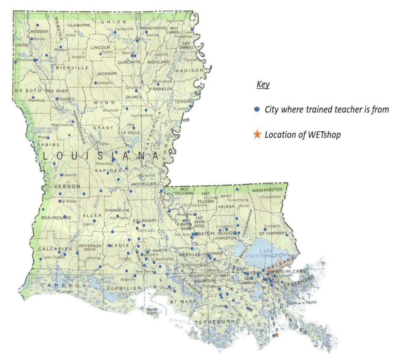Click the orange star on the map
tap(277, 335)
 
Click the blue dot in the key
tap(257, 109)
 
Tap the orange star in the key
tap(257, 134)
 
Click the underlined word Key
tap(263, 85)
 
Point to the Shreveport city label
tap(25, 60)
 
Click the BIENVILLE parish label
tap(72, 68)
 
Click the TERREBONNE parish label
tap(217, 322)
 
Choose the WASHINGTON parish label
tap(267, 190)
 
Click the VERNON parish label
tap(67, 186)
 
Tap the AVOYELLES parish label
tap(143, 184)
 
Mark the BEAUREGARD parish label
tap(56, 218)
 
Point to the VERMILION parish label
tap(124, 288)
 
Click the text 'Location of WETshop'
tap(302, 135)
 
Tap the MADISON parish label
tap(189, 71)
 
